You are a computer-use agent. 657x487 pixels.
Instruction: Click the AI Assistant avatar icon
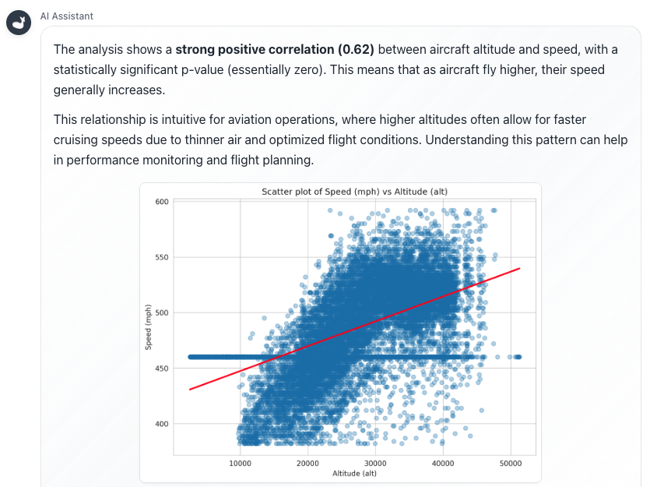pos(19,23)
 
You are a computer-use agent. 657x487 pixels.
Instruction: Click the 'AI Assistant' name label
pos(67,16)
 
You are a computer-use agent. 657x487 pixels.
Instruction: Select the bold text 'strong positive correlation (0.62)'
pos(275,50)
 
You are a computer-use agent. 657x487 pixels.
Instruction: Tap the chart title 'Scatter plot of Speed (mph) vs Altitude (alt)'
pos(354,192)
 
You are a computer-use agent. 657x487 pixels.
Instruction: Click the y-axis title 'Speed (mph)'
pos(149,327)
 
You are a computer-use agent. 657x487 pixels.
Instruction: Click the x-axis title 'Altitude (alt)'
pos(354,473)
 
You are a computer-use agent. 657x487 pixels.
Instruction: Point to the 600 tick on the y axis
pos(162,202)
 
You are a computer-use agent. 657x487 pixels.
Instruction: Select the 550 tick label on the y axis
pos(162,257)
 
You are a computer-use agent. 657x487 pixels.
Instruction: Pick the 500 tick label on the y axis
pos(162,313)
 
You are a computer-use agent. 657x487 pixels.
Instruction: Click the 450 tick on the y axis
pos(162,369)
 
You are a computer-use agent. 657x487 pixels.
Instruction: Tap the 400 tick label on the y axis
pos(162,424)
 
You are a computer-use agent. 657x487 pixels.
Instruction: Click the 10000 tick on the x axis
pos(240,463)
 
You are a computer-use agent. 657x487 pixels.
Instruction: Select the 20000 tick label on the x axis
pos(307,463)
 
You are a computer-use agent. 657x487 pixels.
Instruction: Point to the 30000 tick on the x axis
pos(375,463)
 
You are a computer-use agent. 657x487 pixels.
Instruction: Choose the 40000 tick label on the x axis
pos(443,463)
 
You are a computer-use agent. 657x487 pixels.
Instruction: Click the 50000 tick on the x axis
pos(511,463)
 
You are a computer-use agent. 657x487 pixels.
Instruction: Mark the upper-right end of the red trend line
pos(520,268)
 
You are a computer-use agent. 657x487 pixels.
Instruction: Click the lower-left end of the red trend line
pos(189,389)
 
